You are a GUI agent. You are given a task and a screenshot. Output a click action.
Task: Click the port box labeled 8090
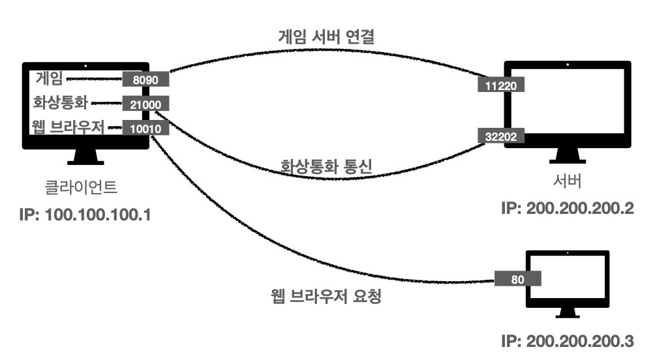(x=146, y=80)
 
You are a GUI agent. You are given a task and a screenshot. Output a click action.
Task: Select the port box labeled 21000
(x=146, y=104)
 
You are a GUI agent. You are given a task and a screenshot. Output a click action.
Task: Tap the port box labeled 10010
(x=146, y=128)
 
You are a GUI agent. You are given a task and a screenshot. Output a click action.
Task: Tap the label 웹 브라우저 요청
(x=326, y=297)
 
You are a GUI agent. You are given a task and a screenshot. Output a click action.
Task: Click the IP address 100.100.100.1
(x=86, y=213)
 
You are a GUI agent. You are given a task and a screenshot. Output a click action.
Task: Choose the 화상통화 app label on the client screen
(x=61, y=103)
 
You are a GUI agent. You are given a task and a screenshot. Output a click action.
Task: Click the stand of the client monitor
(x=87, y=157)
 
